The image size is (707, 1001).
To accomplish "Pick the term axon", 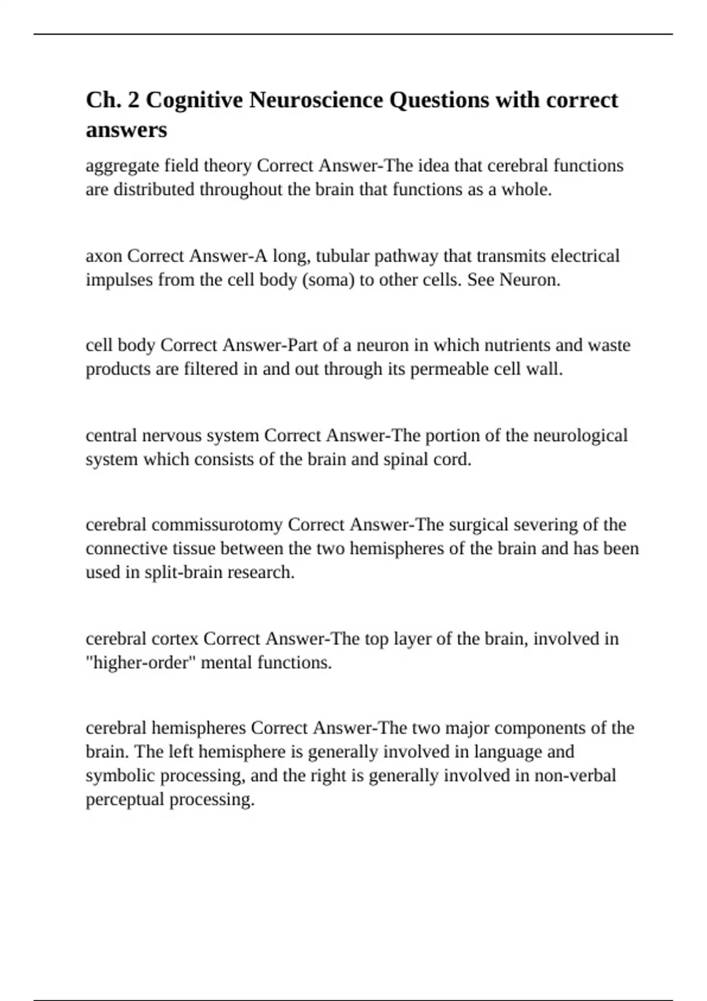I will click(104, 256).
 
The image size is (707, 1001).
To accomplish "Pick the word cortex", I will click(175, 639).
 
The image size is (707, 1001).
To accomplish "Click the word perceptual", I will click(125, 800).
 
